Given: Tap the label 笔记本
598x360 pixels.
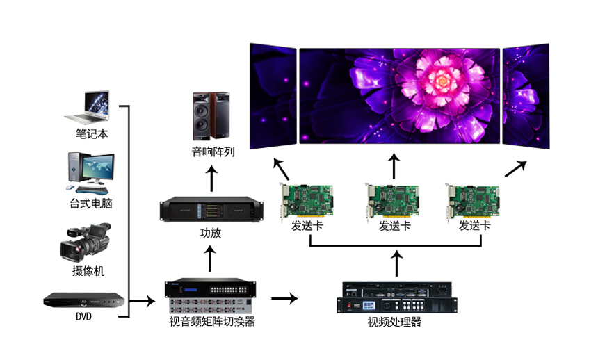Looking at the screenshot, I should [91, 133].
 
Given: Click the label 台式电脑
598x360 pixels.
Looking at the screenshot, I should [91, 204].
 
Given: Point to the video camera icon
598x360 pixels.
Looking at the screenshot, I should [86, 242].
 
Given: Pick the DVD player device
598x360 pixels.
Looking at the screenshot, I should [84, 300].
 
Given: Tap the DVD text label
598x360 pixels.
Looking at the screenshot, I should [83, 316].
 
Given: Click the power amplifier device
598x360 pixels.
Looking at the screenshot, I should [213, 208].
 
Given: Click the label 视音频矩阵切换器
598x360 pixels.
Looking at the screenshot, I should [212, 322].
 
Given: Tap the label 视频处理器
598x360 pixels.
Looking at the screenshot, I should [395, 322].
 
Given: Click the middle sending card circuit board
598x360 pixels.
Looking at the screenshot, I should [393, 200].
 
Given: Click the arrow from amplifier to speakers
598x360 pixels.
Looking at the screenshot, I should [213, 180].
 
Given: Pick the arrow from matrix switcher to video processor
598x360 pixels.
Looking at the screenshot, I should [284, 298].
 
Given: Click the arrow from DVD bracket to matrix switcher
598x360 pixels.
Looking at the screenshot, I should [143, 301].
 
